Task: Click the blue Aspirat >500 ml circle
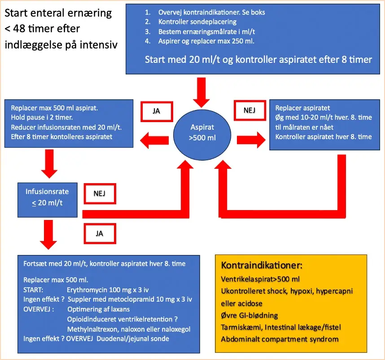click(x=202, y=135)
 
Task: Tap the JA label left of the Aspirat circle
click(x=157, y=111)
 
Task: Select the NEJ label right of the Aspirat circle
click(x=249, y=110)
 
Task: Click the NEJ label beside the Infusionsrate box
click(x=100, y=194)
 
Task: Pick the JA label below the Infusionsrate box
click(x=100, y=233)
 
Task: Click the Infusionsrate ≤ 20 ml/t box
click(x=48, y=200)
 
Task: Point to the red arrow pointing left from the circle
click(x=154, y=140)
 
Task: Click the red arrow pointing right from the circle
click(x=251, y=140)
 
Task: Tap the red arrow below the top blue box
click(x=201, y=92)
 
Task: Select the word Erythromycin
click(x=87, y=290)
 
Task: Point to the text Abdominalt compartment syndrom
click(x=280, y=339)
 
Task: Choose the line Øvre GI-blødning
click(x=249, y=315)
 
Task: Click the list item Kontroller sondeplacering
click(x=197, y=22)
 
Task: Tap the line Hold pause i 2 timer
click(x=42, y=117)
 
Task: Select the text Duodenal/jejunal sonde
click(x=133, y=339)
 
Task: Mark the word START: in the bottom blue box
click(x=33, y=290)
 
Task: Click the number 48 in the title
click(x=19, y=29)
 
